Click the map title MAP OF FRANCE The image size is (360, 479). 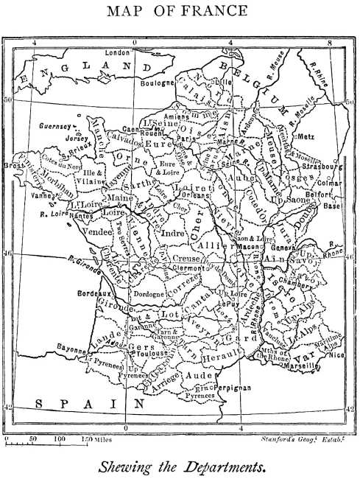(x=180, y=12)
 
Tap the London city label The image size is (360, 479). (x=118, y=53)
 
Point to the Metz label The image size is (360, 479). (x=306, y=136)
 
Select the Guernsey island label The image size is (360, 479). (x=54, y=126)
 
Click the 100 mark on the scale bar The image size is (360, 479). (x=60, y=439)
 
